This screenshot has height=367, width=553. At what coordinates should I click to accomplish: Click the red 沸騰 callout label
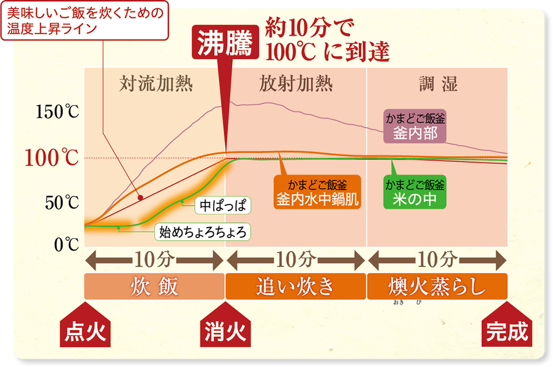pyautogui.click(x=225, y=44)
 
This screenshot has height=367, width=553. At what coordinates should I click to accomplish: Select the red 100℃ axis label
pyautogui.click(x=52, y=158)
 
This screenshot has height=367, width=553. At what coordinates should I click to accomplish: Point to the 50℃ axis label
pyautogui.click(x=60, y=203)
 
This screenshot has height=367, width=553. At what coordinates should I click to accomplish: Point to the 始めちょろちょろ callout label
pyautogui.click(x=202, y=232)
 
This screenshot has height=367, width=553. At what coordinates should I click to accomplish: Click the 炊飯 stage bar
pyautogui.click(x=154, y=286)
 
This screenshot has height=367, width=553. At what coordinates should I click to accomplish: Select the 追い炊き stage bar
pyautogui.click(x=295, y=286)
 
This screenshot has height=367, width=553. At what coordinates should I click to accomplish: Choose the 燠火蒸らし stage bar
pyautogui.click(x=437, y=286)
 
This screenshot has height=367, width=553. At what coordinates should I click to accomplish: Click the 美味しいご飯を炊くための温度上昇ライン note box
pyautogui.click(x=85, y=20)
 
